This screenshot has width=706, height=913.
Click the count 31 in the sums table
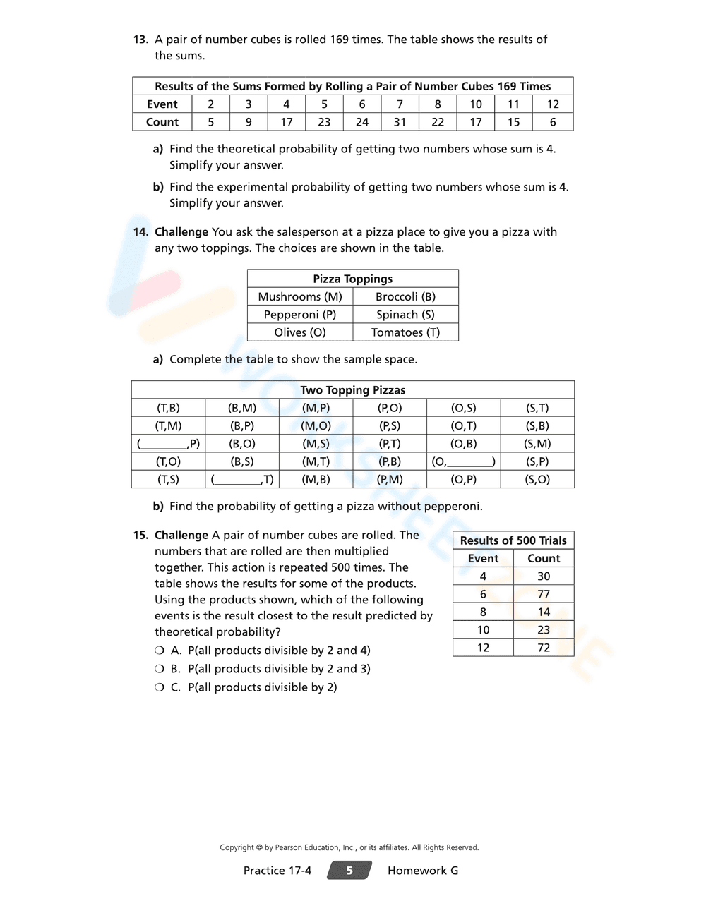pyautogui.click(x=400, y=122)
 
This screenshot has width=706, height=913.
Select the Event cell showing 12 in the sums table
pyautogui.click(x=553, y=104)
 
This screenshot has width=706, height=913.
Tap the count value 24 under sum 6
pyautogui.click(x=362, y=122)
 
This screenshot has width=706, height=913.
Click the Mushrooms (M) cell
pyautogui.click(x=300, y=297)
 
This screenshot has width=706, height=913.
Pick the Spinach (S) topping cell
pyautogui.click(x=405, y=315)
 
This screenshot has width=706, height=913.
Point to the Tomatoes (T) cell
pyautogui.click(x=405, y=332)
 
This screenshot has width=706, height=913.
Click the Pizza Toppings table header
pyautogui.click(x=352, y=279)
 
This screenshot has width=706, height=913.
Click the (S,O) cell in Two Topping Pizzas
pyautogui.click(x=537, y=480)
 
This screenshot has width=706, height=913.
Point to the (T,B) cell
pyautogui.click(x=168, y=408)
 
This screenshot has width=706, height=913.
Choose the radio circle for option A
pyautogui.click(x=160, y=651)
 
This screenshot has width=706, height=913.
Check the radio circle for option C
pyautogui.click(x=160, y=687)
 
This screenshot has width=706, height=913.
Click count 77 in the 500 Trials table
pyautogui.click(x=543, y=594)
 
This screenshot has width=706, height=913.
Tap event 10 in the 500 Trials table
pyautogui.click(x=483, y=630)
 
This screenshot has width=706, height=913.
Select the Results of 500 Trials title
pyautogui.click(x=513, y=540)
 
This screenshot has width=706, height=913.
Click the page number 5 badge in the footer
pyautogui.click(x=349, y=871)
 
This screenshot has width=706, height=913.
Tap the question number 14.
pyautogui.click(x=140, y=232)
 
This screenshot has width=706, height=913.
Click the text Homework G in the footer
pyautogui.click(x=423, y=871)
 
